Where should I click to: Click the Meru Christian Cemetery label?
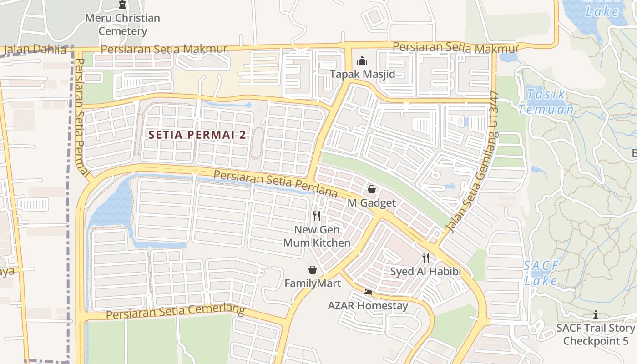123,25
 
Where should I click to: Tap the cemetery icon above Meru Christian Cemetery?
122,5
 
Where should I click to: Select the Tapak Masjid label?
362,74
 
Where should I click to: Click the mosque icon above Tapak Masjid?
362,60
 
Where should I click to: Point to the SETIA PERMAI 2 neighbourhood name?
197,135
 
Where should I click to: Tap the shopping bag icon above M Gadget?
372,189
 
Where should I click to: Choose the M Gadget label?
372,203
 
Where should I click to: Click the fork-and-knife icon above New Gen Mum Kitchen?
317,216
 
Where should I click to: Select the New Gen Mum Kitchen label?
317,236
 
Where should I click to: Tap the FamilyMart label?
313,283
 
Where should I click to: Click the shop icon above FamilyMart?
313,270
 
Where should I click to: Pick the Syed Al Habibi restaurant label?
425,272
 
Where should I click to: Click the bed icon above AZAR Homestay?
368,292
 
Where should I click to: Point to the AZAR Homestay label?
368,306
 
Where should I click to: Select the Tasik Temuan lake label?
546,102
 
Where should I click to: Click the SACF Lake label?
541,273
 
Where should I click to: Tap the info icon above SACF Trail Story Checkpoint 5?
595,314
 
